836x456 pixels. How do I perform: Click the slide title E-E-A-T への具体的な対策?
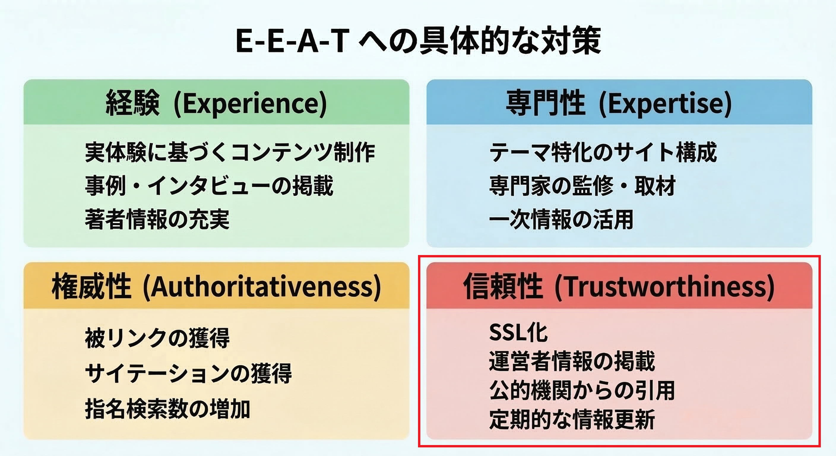418,42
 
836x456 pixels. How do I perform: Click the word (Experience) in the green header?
250,104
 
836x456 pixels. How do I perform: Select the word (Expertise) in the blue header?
665,104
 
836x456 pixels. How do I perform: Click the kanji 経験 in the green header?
133,104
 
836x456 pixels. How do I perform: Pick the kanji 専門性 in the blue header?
545,104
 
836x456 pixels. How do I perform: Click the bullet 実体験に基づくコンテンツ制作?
230,152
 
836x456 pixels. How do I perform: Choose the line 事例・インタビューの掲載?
209,186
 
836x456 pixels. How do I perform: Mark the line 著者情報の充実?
157,219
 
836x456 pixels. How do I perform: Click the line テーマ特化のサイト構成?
603,152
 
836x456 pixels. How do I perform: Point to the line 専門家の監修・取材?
582,186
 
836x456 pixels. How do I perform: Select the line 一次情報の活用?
561,219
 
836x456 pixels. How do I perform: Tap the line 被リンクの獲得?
157,338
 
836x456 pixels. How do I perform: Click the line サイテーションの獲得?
188,373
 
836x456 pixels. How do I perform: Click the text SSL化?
518,333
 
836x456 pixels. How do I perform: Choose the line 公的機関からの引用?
582,390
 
